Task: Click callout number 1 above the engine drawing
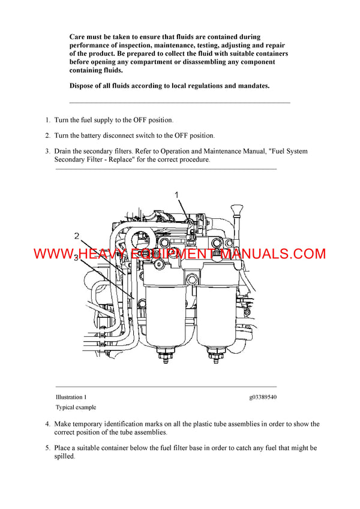point(177,195)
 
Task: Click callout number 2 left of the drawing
point(77,236)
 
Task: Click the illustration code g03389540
point(263,397)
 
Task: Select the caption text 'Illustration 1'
point(71,397)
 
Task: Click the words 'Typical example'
point(75,407)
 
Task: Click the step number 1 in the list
point(47,120)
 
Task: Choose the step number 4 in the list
point(47,424)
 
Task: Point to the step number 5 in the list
point(47,448)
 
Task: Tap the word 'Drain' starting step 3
point(64,151)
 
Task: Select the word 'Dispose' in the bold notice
point(83,86)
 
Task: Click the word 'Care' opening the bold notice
point(78,37)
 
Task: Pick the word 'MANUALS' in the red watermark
point(247,254)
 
